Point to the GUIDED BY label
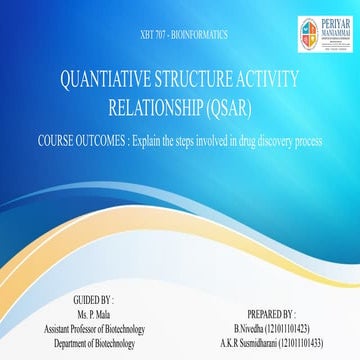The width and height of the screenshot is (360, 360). [x=96, y=299]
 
